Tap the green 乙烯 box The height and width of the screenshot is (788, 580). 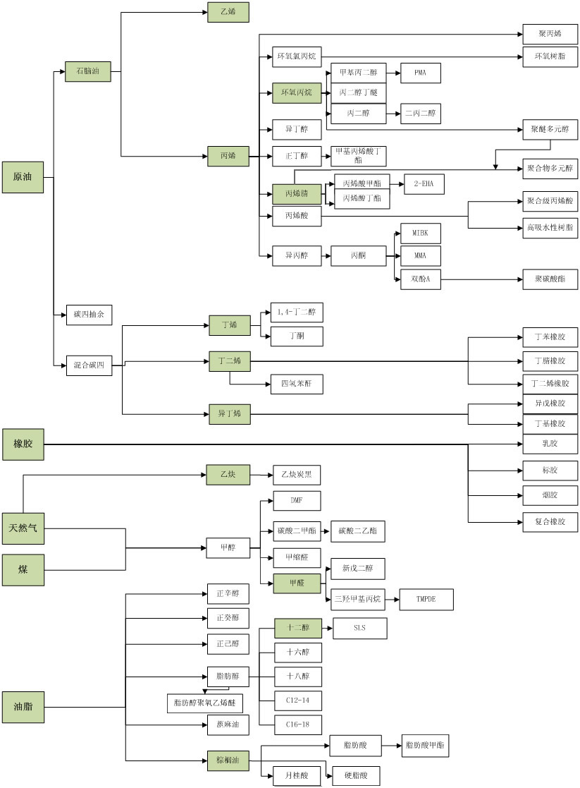[x=228, y=12]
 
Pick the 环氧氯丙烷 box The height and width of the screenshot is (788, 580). [x=297, y=56]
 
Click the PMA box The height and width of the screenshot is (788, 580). [x=421, y=73]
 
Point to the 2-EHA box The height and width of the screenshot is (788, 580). [x=424, y=183]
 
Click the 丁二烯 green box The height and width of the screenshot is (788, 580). [x=229, y=361]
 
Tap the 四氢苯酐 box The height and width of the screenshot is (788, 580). [x=296, y=384]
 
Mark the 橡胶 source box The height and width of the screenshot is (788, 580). [x=23, y=444]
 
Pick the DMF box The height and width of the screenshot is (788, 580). [x=297, y=500]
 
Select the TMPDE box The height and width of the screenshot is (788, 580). [x=426, y=600]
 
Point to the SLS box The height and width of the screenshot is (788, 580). [x=359, y=628]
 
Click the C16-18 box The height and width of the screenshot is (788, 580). [x=297, y=725]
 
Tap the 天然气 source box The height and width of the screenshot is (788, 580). [x=23, y=528]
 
